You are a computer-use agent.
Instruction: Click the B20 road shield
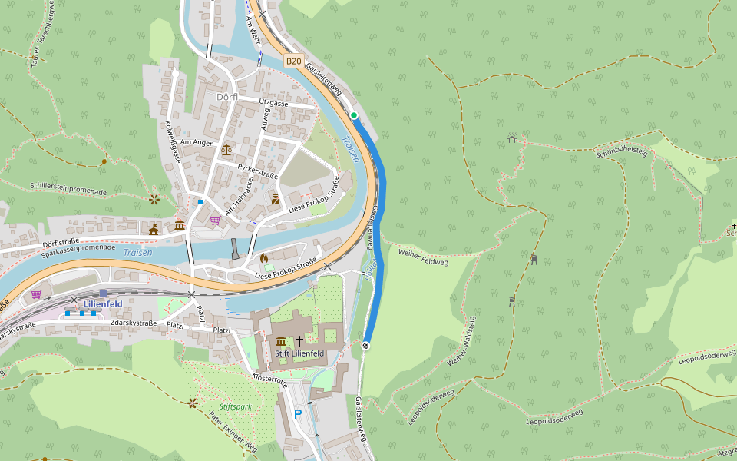coord(293,60)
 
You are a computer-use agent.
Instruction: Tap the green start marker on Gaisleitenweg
coord(354,116)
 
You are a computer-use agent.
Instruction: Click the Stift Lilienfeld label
coord(299,353)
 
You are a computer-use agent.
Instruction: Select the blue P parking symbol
coord(298,414)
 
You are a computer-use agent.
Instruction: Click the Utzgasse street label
coord(274,103)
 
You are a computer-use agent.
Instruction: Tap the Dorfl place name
coord(226,97)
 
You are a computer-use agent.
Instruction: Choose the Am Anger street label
coord(197,142)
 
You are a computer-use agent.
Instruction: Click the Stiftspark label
coord(235,406)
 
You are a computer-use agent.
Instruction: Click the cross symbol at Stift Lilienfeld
coord(299,340)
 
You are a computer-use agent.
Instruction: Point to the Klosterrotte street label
coord(269,380)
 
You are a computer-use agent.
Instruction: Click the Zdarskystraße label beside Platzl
coord(134,323)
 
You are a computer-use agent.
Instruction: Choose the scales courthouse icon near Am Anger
coord(226,149)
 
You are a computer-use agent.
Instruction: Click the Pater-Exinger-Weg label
coord(233,430)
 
